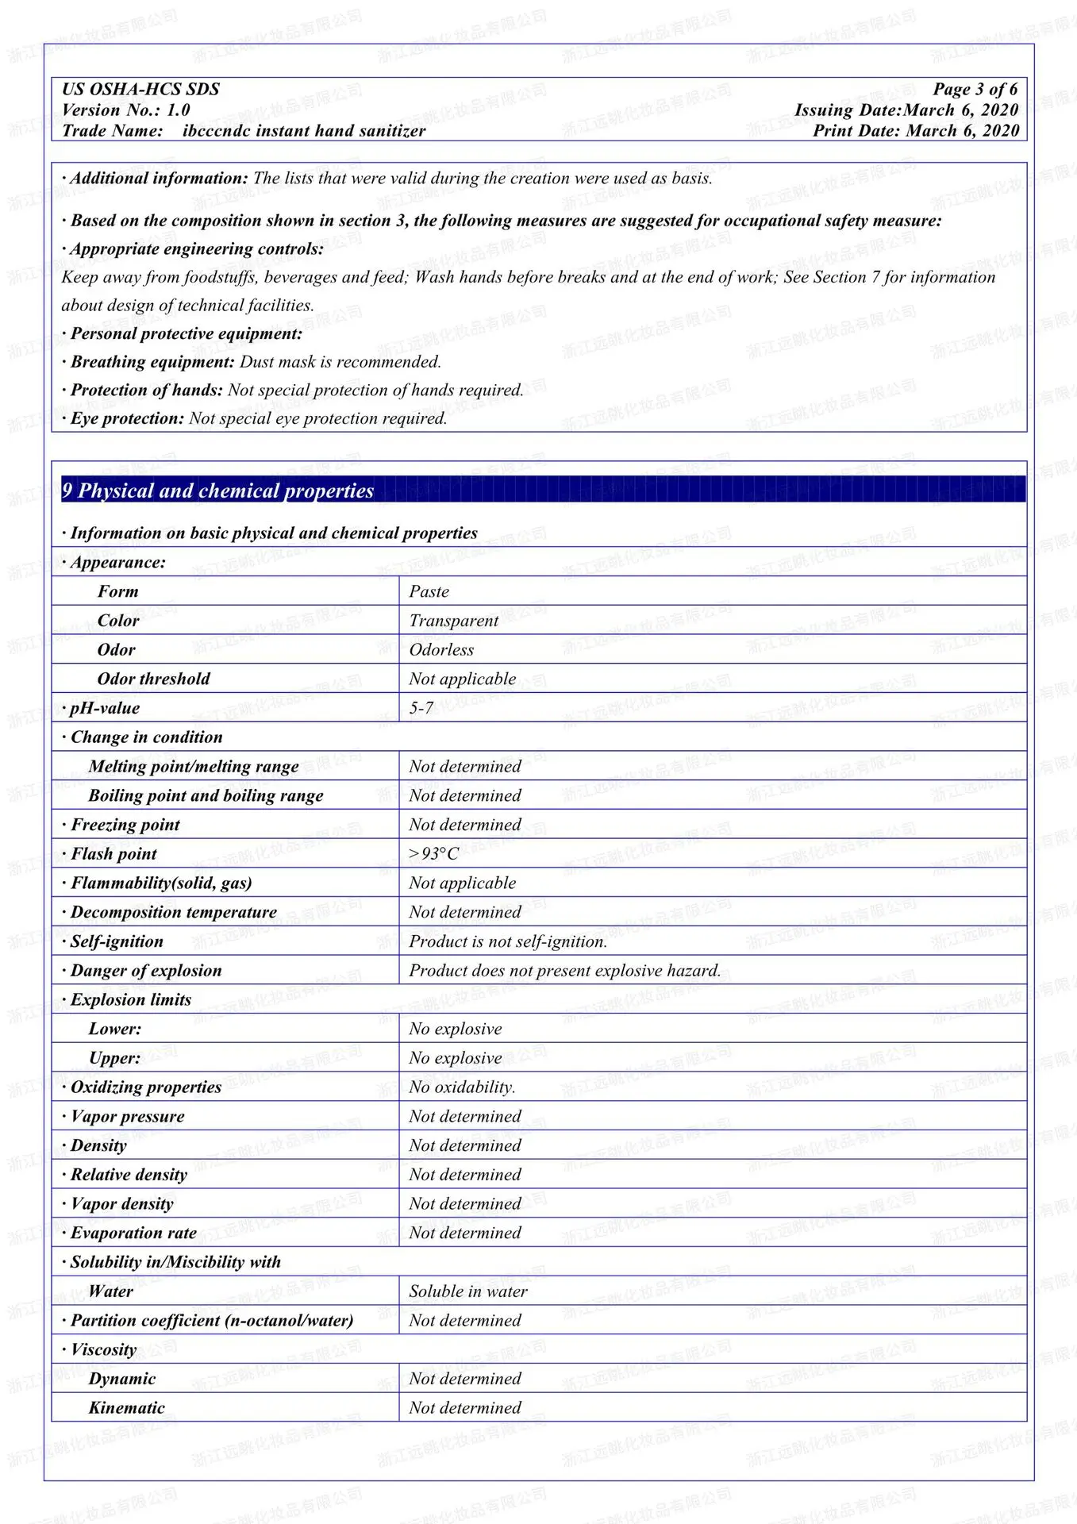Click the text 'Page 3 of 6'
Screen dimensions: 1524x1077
tap(975, 89)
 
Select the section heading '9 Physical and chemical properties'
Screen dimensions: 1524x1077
tap(218, 491)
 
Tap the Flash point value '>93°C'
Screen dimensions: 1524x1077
tap(433, 854)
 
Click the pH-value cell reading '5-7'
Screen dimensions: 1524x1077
tap(421, 708)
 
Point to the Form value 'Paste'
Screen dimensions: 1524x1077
tap(429, 592)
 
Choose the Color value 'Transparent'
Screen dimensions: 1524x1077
tap(453, 621)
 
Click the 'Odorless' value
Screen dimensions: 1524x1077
tap(441, 650)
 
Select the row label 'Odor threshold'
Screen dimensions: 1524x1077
tap(153, 679)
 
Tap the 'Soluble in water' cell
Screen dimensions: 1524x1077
tap(467, 1291)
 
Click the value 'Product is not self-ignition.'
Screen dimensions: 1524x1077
tap(508, 942)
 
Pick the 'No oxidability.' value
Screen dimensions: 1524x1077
tap(462, 1087)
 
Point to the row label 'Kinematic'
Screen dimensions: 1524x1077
tap(127, 1408)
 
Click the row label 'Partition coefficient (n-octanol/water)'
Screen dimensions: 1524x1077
tap(212, 1321)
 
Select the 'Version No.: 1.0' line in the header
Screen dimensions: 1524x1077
tap(126, 110)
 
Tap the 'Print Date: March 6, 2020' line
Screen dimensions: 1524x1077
tap(916, 131)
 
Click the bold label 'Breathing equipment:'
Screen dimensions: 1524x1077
tap(152, 362)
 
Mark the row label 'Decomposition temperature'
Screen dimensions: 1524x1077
tap(174, 913)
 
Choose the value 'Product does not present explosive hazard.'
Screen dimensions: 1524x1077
tap(564, 971)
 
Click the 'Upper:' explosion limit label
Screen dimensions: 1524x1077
tap(115, 1058)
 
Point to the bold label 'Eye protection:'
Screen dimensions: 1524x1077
tap(127, 418)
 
